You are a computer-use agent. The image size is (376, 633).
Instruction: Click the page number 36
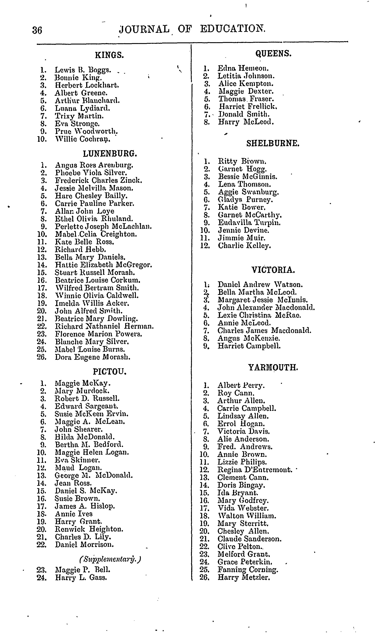(37, 30)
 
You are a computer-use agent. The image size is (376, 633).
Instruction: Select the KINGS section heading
(109, 55)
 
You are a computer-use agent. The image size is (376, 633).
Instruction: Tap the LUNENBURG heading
(110, 154)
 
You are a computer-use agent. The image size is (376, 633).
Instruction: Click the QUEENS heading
(273, 53)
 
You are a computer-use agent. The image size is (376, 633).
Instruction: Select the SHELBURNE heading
(273, 144)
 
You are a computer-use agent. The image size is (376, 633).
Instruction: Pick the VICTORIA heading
(273, 270)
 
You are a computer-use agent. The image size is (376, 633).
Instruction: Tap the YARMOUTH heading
(273, 367)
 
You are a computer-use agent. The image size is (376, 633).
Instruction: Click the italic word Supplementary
(110, 559)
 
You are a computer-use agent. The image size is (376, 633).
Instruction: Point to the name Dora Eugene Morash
(93, 357)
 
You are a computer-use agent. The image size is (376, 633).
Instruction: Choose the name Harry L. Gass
(81, 578)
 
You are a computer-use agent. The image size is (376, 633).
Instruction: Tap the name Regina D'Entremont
(255, 470)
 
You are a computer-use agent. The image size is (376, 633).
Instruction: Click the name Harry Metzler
(244, 578)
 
